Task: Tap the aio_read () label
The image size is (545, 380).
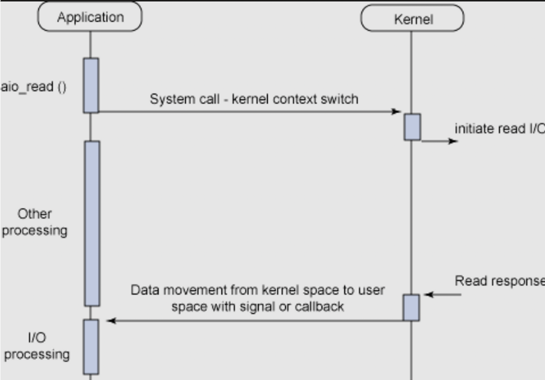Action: point(34,87)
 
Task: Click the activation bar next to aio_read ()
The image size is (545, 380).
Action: point(91,85)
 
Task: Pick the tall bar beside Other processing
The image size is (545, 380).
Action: point(92,223)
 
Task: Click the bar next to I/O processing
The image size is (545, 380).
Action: point(91,347)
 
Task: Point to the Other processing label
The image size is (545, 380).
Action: point(35,223)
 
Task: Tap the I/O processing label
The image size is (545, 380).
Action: point(37,347)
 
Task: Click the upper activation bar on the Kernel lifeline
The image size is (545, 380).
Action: point(412,127)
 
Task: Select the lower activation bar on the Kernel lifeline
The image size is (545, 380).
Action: point(411,307)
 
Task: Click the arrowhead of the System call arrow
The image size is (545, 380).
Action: point(396,112)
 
